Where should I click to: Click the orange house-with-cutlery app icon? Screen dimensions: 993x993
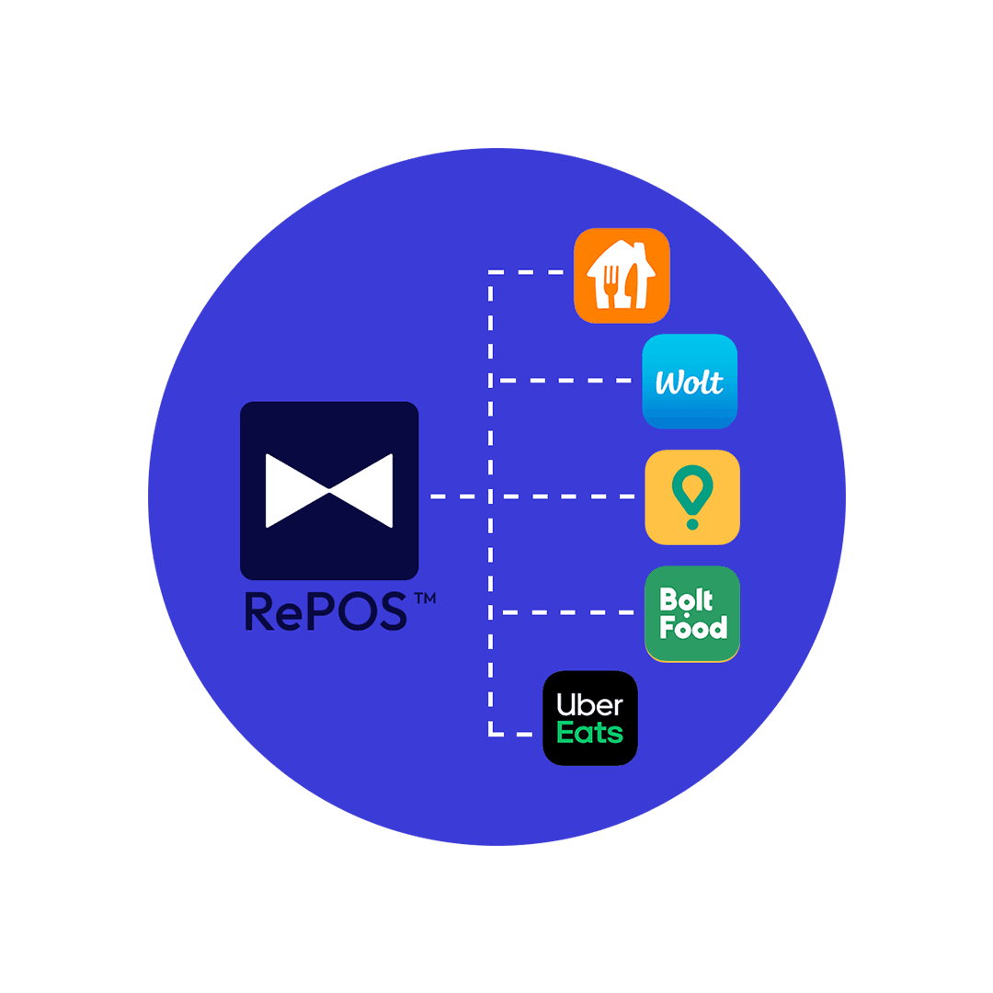point(622,276)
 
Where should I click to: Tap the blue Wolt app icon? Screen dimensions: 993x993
point(690,381)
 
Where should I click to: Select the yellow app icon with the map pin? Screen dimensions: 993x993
point(691,496)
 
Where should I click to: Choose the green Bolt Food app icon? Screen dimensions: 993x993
point(691,613)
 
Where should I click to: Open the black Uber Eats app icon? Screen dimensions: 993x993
point(590,718)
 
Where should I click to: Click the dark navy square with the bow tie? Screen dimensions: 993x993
point(329,490)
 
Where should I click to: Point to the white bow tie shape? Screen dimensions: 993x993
point(329,491)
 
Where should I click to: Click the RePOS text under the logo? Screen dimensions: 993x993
point(325,611)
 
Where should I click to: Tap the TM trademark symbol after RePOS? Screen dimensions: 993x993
point(424,599)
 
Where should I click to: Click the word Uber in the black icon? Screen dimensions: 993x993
point(590,705)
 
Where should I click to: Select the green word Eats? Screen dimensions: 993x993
point(590,733)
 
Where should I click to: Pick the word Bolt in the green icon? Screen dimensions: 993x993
point(687,600)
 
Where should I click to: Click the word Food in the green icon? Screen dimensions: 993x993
point(693,628)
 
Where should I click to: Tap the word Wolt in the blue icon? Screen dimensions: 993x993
point(690,382)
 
